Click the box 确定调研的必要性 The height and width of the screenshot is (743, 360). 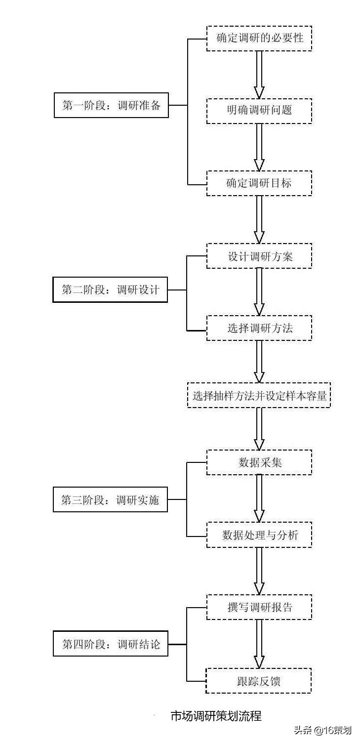coord(259,38)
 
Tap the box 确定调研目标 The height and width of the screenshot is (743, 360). coord(259,183)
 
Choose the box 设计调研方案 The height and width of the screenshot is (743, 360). coord(259,256)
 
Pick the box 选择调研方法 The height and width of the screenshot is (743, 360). coord(259,328)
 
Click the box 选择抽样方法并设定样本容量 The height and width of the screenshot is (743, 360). coord(259,395)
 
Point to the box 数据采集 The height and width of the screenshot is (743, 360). coord(259,462)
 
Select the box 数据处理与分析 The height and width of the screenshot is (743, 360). coord(259,535)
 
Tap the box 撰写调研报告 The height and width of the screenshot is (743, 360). coord(259,607)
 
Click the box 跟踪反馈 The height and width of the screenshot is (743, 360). coord(259,681)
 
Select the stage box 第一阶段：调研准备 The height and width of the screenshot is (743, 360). coord(111,105)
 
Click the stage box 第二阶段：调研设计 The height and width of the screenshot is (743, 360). coord(111,289)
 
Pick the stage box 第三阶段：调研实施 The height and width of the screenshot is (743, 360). coord(110,499)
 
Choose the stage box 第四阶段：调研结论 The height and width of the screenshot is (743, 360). coord(111,644)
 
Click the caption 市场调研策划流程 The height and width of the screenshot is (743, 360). coord(216,715)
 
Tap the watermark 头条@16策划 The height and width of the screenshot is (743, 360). coord(323,730)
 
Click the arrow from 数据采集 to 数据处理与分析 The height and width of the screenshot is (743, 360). coord(259,498)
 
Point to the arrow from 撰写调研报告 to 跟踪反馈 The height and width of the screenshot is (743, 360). coord(259,644)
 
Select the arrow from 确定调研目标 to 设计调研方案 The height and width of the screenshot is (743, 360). coord(259,219)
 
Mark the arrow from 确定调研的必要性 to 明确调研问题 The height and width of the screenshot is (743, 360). coord(259,74)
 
